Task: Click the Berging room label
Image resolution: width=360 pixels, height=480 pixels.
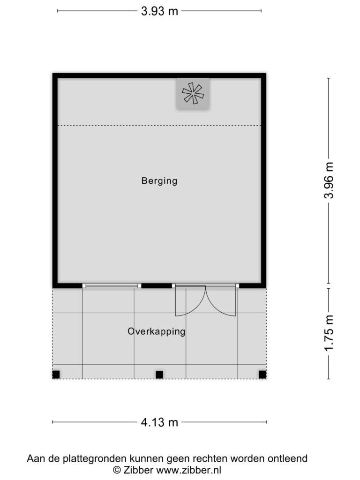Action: click(159, 181)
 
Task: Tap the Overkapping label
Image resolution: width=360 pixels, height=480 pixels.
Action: click(157, 331)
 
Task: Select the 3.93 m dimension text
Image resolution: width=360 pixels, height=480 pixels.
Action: click(159, 11)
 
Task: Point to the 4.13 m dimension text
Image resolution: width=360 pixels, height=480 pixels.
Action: click(159, 422)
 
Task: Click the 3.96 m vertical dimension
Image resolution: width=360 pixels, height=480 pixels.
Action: click(329, 180)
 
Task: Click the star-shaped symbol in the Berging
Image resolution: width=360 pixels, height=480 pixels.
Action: click(193, 93)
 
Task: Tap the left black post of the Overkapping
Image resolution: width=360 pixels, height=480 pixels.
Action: click(56, 375)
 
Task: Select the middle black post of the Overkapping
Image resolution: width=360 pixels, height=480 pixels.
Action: click(159, 375)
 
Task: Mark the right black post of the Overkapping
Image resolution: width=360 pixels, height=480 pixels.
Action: click(262, 375)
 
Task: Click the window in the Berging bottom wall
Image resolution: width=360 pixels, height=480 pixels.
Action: click(112, 286)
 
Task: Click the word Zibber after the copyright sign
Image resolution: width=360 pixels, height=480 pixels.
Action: click(138, 470)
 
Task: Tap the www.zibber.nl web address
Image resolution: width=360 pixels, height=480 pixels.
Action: click(188, 470)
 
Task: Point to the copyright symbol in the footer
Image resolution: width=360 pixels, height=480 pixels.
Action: click(117, 470)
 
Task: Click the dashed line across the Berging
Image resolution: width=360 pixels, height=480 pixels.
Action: click(159, 126)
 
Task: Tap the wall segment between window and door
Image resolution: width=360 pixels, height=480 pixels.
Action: click(157, 286)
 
